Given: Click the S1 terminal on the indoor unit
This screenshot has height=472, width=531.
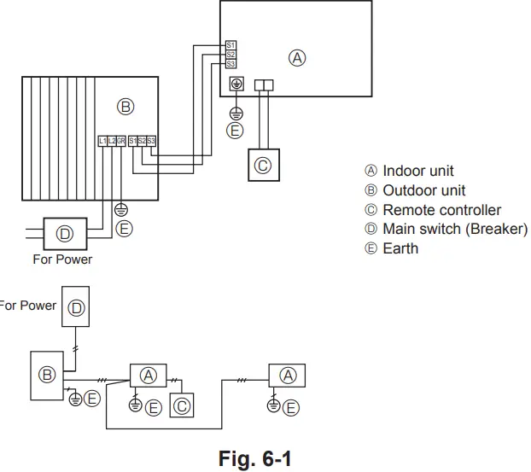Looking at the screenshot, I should (x=230, y=44).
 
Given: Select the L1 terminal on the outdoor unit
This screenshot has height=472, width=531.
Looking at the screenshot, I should (x=102, y=140).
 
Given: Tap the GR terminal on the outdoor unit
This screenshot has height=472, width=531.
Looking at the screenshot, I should (x=121, y=140).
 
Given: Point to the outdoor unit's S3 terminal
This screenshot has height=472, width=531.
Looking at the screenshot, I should (x=151, y=140).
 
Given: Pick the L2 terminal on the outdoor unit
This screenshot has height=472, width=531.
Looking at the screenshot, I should (x=112, y=140).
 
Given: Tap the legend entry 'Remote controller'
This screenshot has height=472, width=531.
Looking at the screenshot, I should (x=433, y=210).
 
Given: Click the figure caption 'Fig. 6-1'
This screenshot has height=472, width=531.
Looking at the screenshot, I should (x=255, y=459).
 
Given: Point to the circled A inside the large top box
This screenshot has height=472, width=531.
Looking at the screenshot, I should (x=297, y=58).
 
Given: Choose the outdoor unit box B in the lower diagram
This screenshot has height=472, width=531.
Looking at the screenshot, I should (x=48, y=374).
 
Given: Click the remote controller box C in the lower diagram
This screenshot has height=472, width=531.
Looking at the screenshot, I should (x=182, y=406).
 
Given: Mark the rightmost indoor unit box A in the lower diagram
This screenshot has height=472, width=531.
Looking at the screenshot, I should (x=288, y=375).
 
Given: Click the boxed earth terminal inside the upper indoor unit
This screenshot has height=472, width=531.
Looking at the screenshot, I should (x=236, y=84).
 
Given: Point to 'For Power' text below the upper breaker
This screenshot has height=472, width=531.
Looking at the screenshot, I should (x=62, y=259).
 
